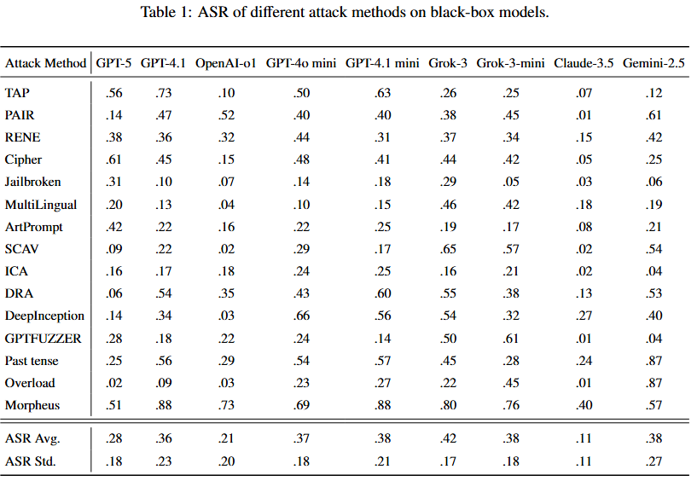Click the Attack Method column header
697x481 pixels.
click(45, 63)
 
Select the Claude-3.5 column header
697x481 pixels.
click(584, 63)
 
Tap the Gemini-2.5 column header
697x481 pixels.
click(653, 63)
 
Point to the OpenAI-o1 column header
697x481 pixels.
click(226, 63)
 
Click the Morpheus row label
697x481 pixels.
click(32, 405)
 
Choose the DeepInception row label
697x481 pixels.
click(44, 316)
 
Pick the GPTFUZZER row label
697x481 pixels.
click(44, 339)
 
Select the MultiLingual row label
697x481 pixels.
click(41, 205)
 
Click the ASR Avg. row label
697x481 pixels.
click(32, 438)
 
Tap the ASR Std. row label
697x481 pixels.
click(30, 461)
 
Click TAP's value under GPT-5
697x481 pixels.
click(113, 92)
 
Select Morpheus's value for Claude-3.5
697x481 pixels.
click(584, 405)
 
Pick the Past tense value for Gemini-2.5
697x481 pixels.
click(653, 361)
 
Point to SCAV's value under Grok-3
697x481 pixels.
click(448, 248)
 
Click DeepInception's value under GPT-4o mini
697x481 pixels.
click(301, 316)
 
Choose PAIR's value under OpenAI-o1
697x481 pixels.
click(226, 114)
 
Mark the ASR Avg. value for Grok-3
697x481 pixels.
click(448, 438)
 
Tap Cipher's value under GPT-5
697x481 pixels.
click(113, 159)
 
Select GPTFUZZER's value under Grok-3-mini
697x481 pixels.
click(511, 339)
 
